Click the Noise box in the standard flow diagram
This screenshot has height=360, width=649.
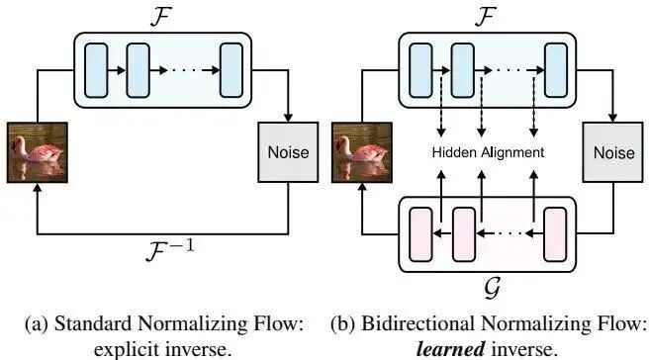pyautogui.click(x=288, y=152)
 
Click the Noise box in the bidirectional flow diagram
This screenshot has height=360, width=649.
pyautogui.click(x=613, y=152)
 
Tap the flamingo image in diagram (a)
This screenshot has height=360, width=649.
pyautogui.click(x=38, y=152)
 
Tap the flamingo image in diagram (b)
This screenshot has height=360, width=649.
pyautogui.click(x=362, y=152)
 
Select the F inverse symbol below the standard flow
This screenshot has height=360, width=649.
pyautogui.click(x=170, y=249)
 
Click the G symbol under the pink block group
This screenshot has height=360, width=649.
pyautogui.click(x=493, y=287)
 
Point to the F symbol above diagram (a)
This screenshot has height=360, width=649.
pyautogui.click(x=161, y=16)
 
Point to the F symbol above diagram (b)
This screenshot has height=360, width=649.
pyautogui.click(x=486, y=16)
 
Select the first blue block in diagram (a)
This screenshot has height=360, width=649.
pyautogui.click(x=96, y=70)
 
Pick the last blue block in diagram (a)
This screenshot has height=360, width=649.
pyautogui.click(x=232, y=70)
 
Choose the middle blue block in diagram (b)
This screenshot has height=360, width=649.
pyautogui.click(x=462, y=70)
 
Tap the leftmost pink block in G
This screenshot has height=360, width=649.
pyautogui.click(x=420, y=234)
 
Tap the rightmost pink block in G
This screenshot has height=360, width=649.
pyautogui.click(x=555, y=234)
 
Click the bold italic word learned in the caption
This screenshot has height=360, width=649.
pyautogui.click(x=450, y=350)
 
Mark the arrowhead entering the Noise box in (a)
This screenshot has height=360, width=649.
pyautogui.click(x=288, y=118)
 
